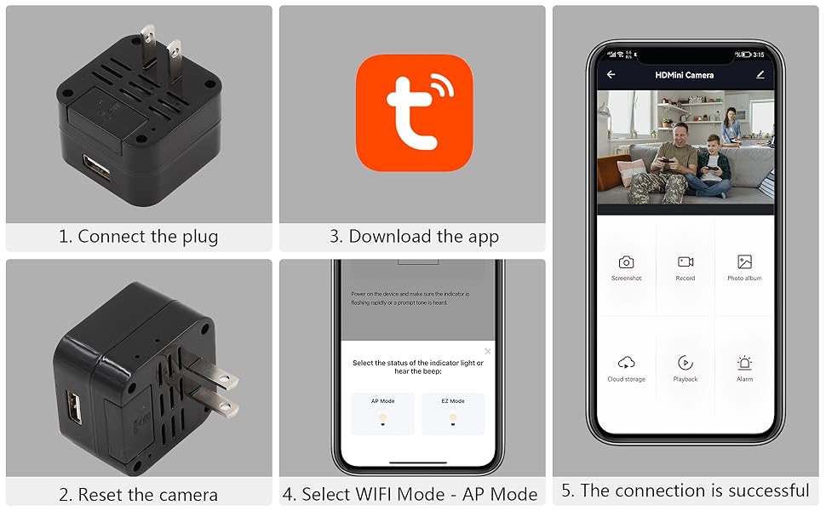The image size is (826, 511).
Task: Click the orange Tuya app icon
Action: click(x=414, y=112)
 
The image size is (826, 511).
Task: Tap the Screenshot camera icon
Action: click(x=626, y=262)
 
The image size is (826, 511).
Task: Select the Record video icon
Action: click(x=685, y=262)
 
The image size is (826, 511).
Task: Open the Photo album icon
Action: click(x=744, y=262)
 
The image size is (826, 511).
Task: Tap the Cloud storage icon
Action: click(x=626, y=363)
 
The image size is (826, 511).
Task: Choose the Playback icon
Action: click(x=685, y=363)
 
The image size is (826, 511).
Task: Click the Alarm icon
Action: click(x=744, y=363)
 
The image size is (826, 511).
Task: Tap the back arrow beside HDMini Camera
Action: click(x=611, y=75)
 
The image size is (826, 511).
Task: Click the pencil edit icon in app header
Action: click(x=760, y=75)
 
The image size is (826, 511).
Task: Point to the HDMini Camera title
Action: click(x=685, y=75)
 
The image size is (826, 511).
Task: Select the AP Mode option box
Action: click(x=382, y=413)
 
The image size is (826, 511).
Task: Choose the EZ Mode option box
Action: click(x=453, y=413)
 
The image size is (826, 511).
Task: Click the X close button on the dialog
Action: click(x=488, y=351)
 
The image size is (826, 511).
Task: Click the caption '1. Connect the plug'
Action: click(x=139, y=237)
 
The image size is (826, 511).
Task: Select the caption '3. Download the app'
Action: click(x=414, y=237)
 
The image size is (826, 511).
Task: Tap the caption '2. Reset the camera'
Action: click(x=139, y=494)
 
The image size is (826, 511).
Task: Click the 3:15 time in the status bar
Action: click(x=759, y=55)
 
